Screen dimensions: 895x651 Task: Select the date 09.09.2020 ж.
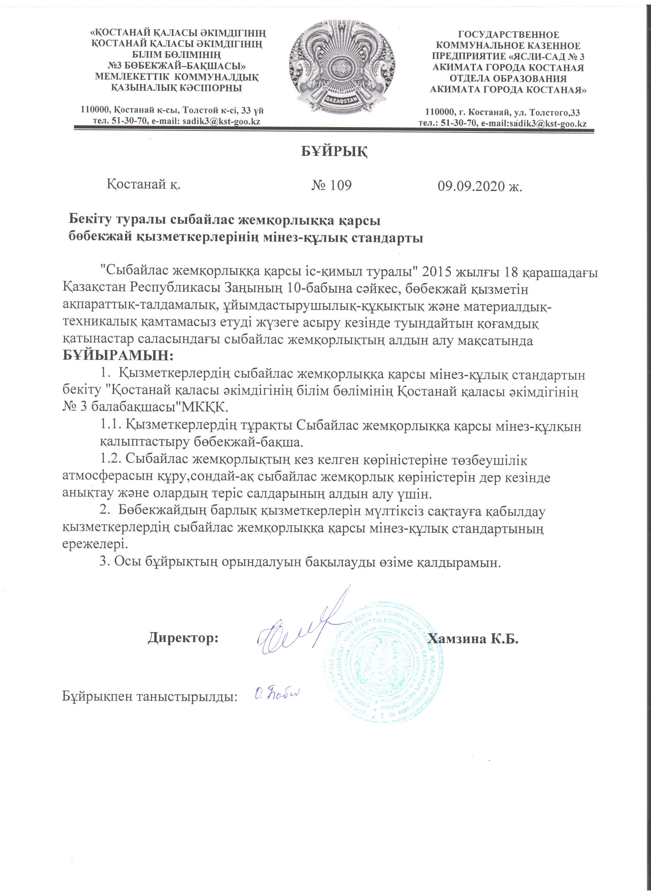[480, 186]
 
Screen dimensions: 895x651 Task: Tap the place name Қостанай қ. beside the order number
[143, 184]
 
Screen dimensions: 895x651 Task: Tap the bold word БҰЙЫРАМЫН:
[118, 356]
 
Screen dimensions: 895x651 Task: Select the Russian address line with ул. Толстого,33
[502, 113]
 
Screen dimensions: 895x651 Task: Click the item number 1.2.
[111, 460]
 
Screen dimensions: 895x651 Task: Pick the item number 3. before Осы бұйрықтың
[105, 562]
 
